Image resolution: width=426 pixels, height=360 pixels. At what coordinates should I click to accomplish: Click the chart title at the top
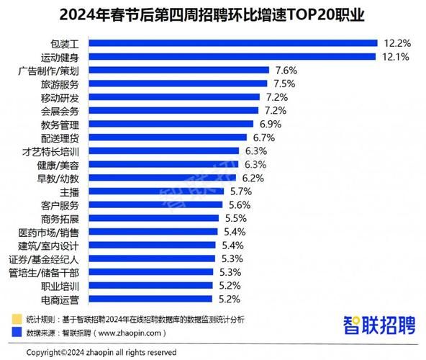tap(212, 14)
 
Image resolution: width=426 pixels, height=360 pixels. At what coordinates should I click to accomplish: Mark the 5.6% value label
tap(240, 204)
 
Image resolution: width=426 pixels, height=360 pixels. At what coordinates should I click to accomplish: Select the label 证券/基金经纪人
tap(54, 258)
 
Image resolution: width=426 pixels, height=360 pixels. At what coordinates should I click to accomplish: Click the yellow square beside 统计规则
tap(16, 318)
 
